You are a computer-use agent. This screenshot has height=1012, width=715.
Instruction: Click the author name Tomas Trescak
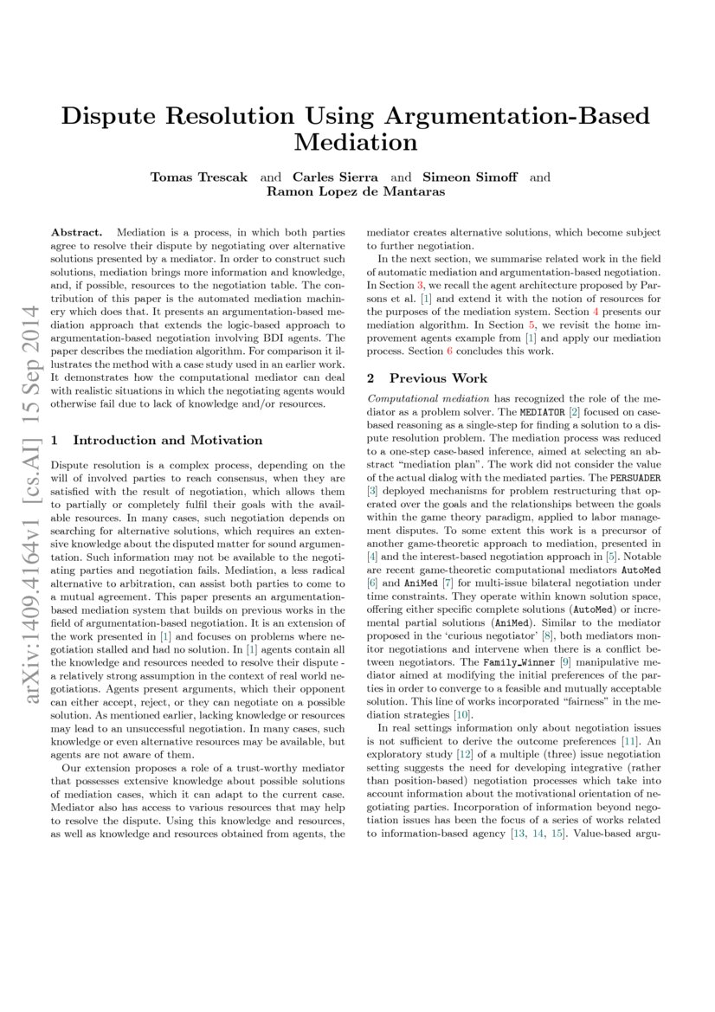[199, 177]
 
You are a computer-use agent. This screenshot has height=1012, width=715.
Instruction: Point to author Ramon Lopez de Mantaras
[357, 192]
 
